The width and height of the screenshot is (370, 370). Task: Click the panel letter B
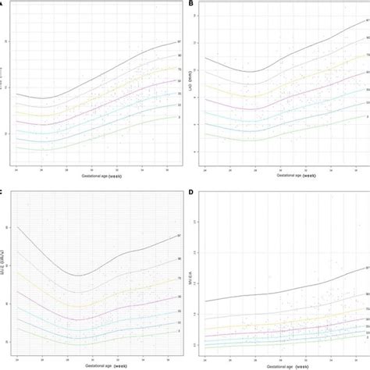[x=192, y=5]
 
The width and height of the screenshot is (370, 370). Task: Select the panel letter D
[x=192, y=192]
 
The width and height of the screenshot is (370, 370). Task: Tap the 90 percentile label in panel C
[x=179, y=258]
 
